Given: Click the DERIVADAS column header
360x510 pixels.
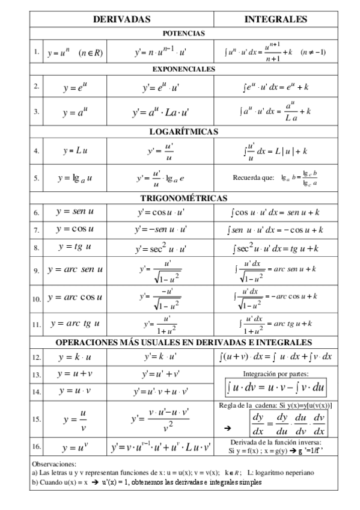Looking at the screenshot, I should (x=121, y=20).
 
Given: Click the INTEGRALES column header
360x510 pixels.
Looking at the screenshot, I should (x=276, y=20).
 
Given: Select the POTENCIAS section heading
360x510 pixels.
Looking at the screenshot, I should (x=183, y=33).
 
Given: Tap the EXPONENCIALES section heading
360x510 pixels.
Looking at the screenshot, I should (x=183, y=69).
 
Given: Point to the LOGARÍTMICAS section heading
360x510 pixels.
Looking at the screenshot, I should (x=183, y=131).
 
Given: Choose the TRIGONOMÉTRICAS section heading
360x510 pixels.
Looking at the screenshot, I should (x=183, y=197).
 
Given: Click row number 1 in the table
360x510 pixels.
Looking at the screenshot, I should (x=36, y=52).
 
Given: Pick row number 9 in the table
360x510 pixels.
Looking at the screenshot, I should (x=36, y=271).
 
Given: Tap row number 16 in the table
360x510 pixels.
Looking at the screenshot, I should (x=36, y=447).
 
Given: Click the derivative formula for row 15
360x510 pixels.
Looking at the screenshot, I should (x=160, y=419).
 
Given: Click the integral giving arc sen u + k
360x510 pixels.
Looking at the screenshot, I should (x=276, y=270).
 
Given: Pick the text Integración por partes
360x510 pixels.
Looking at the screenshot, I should (x=276, y=373).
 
